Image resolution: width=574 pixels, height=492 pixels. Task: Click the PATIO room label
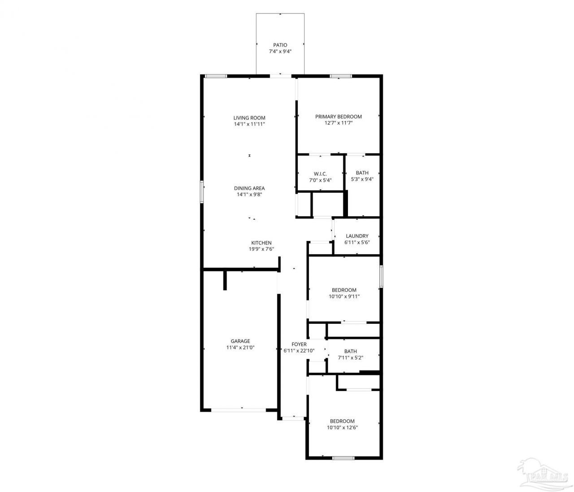point(280,45)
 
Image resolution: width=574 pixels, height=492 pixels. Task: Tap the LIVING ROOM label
point(249,118)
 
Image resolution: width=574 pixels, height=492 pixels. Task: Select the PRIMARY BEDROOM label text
point(338,117)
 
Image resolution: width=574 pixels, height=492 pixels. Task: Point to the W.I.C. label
point(320,174)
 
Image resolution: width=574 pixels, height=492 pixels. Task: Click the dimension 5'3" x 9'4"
point(362,179)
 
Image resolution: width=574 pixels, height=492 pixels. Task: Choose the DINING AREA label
point(249,188)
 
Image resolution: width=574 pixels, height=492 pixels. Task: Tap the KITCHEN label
point(261,243)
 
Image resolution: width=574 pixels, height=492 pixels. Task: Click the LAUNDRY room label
point(357,236)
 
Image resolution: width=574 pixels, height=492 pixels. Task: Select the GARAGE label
point(240,341)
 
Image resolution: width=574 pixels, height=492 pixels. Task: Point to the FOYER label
point(299,344)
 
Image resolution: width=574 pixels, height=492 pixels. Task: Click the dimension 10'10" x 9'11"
point(344,296)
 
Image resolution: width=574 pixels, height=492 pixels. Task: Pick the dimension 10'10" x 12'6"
point(342,427)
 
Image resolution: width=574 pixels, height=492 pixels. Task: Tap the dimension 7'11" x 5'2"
point(350,358)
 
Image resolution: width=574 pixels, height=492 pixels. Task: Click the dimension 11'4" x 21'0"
point(240,348)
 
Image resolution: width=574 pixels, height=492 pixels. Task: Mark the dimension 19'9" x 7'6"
point(261,249)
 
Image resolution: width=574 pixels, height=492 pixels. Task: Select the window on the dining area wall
point(202,192)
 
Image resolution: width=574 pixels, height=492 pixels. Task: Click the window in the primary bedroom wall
point(341,76)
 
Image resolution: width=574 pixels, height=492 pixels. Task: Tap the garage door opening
point(239,410)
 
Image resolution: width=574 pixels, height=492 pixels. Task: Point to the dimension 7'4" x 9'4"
point(280,52)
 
